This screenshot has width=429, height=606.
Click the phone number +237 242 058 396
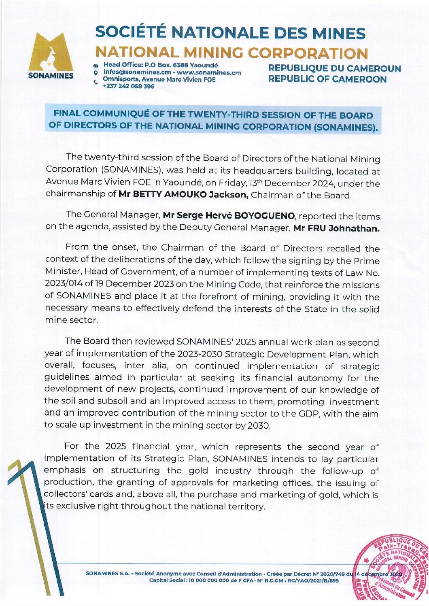(x=128, y=86)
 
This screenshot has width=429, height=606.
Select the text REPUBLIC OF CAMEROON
(x=327, y=79)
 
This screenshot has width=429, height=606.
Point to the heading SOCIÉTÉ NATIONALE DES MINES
(x=230, y=33)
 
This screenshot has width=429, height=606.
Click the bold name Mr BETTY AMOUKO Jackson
(x=183, y=194)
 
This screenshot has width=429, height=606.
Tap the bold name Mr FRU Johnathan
(x=336, y=228)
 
